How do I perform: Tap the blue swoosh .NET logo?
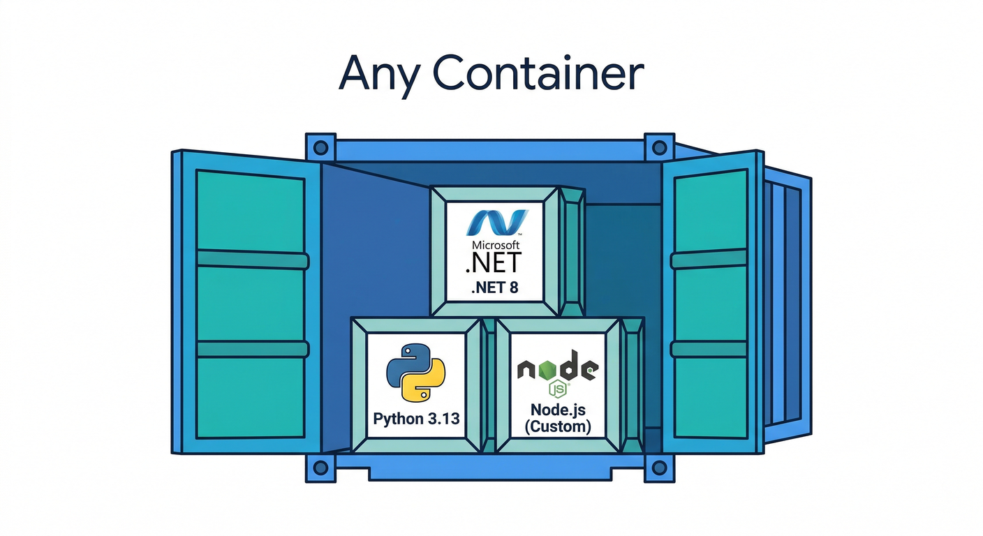point(496,222)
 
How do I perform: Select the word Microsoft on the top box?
point(496,246)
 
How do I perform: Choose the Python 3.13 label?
point(417,419)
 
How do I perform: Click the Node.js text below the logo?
point(556,410)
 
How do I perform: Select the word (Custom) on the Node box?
point(556,426)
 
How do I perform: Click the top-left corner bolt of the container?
point(320,147)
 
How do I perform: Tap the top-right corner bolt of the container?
point(658,147)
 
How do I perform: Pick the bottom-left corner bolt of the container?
point(320,467)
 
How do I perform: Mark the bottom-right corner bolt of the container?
point(658,467)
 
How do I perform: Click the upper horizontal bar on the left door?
point(252,260)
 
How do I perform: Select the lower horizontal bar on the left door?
point(252,349)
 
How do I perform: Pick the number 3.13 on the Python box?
point(443,419)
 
